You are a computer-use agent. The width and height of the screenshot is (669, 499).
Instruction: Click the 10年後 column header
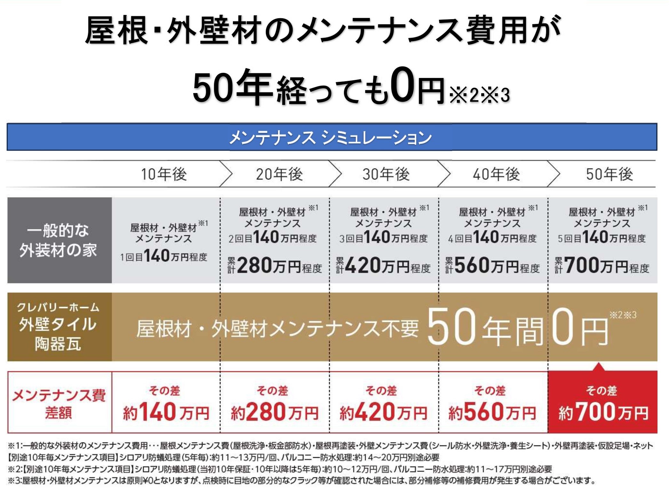coord(164,175)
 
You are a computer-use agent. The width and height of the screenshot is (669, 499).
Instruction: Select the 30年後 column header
coord(386,175)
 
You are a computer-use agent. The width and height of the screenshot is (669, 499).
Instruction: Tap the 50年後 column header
coord(609,175)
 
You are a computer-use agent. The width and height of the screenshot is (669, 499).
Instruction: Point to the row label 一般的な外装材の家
coord(58,240)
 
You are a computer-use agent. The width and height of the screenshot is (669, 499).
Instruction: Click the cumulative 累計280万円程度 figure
coord(275,266)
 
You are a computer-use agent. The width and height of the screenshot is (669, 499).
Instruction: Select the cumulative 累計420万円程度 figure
coord(383,266)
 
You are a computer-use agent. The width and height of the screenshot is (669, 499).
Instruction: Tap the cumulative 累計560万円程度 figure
coord(492,266)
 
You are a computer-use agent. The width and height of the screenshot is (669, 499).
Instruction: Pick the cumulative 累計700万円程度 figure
coord(602,266)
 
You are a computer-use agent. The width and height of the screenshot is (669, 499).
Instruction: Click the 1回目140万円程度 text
coord(164,256)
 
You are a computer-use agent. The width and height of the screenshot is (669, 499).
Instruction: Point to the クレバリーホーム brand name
coord(58,307)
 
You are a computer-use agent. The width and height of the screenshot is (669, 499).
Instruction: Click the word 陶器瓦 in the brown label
coord(58,344)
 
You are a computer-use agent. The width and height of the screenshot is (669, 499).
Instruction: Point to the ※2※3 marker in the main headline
coord(479,95)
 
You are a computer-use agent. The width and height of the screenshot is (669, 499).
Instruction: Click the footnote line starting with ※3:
coord(301,481)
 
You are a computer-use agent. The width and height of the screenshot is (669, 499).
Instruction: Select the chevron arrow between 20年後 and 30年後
coord(335,174)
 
